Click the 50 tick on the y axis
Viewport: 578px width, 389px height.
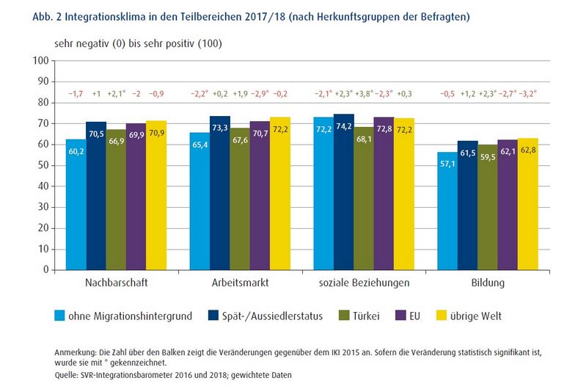[x=43, y=165]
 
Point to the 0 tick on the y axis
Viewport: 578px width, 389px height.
[x=45, y=270]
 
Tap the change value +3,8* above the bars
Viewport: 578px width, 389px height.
[x=365, y=94]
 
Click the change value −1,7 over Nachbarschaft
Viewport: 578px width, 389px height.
[x=76, y=94]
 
